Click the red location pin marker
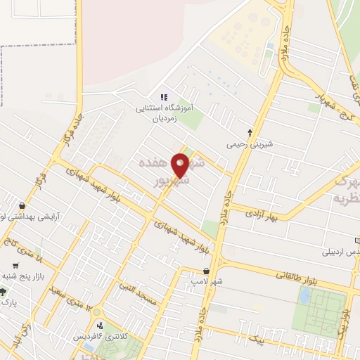coord(180,165)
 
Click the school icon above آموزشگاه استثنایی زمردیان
coord(164,97)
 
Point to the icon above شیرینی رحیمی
coord(250,133)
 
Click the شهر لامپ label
coord(205,281)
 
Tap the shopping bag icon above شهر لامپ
coord(206,270)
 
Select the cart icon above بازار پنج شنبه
coord(15,266)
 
